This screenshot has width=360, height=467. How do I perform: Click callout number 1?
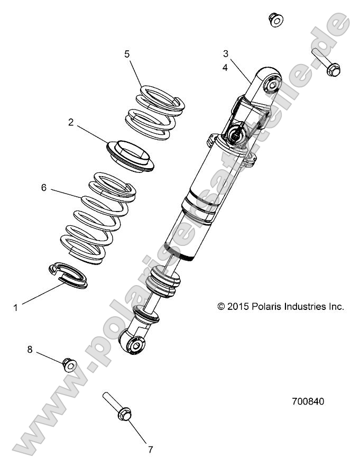tap(15, 307)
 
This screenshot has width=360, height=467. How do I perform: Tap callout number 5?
tap(126, 54)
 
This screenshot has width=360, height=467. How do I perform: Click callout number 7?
tap(150, 450)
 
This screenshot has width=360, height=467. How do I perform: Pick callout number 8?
tap(30, 350)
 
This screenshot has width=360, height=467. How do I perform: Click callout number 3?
tap(225, 53)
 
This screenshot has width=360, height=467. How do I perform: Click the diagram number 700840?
tap(308, 401)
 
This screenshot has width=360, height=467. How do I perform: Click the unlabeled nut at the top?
tap(275, 20)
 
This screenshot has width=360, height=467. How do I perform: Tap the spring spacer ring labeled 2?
tap(130, 156)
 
